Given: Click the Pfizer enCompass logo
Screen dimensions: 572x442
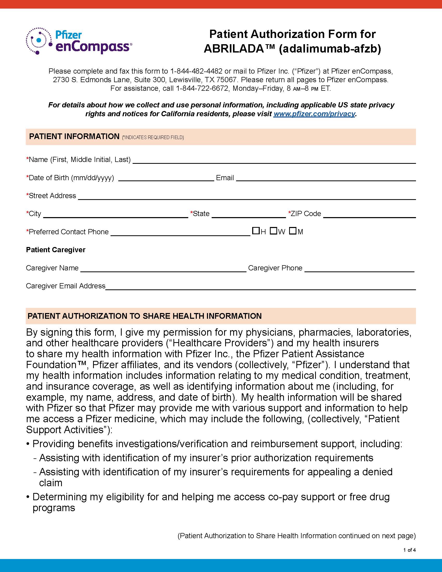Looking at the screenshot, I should tap(79, 41).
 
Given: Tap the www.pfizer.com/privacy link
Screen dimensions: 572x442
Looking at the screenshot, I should tap(314, 114).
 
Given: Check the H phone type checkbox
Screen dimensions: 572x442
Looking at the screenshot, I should tap(256, 231).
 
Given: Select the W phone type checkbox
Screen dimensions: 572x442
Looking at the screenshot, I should tap(273, 231).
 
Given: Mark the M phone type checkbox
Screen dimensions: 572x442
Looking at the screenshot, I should tap(292, 231).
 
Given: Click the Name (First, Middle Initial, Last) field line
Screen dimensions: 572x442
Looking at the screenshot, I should tap(274, 160).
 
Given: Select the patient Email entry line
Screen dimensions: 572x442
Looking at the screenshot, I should tap(326, 178).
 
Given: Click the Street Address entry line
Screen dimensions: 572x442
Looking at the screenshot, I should tap(247, 196).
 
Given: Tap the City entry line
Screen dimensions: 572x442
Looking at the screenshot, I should tap(115, 214).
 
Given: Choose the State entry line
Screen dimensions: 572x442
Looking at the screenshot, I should tap(249, 214).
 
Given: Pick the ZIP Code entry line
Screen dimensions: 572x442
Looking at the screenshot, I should tap(369, 214).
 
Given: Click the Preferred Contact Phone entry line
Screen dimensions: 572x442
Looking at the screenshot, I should tap(180, 233).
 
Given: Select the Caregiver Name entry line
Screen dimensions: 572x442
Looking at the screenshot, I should tap(163, 269).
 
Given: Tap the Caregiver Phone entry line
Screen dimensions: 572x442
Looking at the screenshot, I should tap(359, 269).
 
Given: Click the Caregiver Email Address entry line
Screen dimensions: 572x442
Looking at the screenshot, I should tap(260, 287).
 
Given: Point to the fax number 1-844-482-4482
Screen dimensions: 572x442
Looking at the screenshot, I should tap(196, 71).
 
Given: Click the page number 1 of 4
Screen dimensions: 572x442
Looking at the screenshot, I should tap(409, 550).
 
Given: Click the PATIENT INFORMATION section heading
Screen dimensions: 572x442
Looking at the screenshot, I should tap(74, 136).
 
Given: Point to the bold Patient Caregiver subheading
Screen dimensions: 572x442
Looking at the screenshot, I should tap(56, 250).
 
